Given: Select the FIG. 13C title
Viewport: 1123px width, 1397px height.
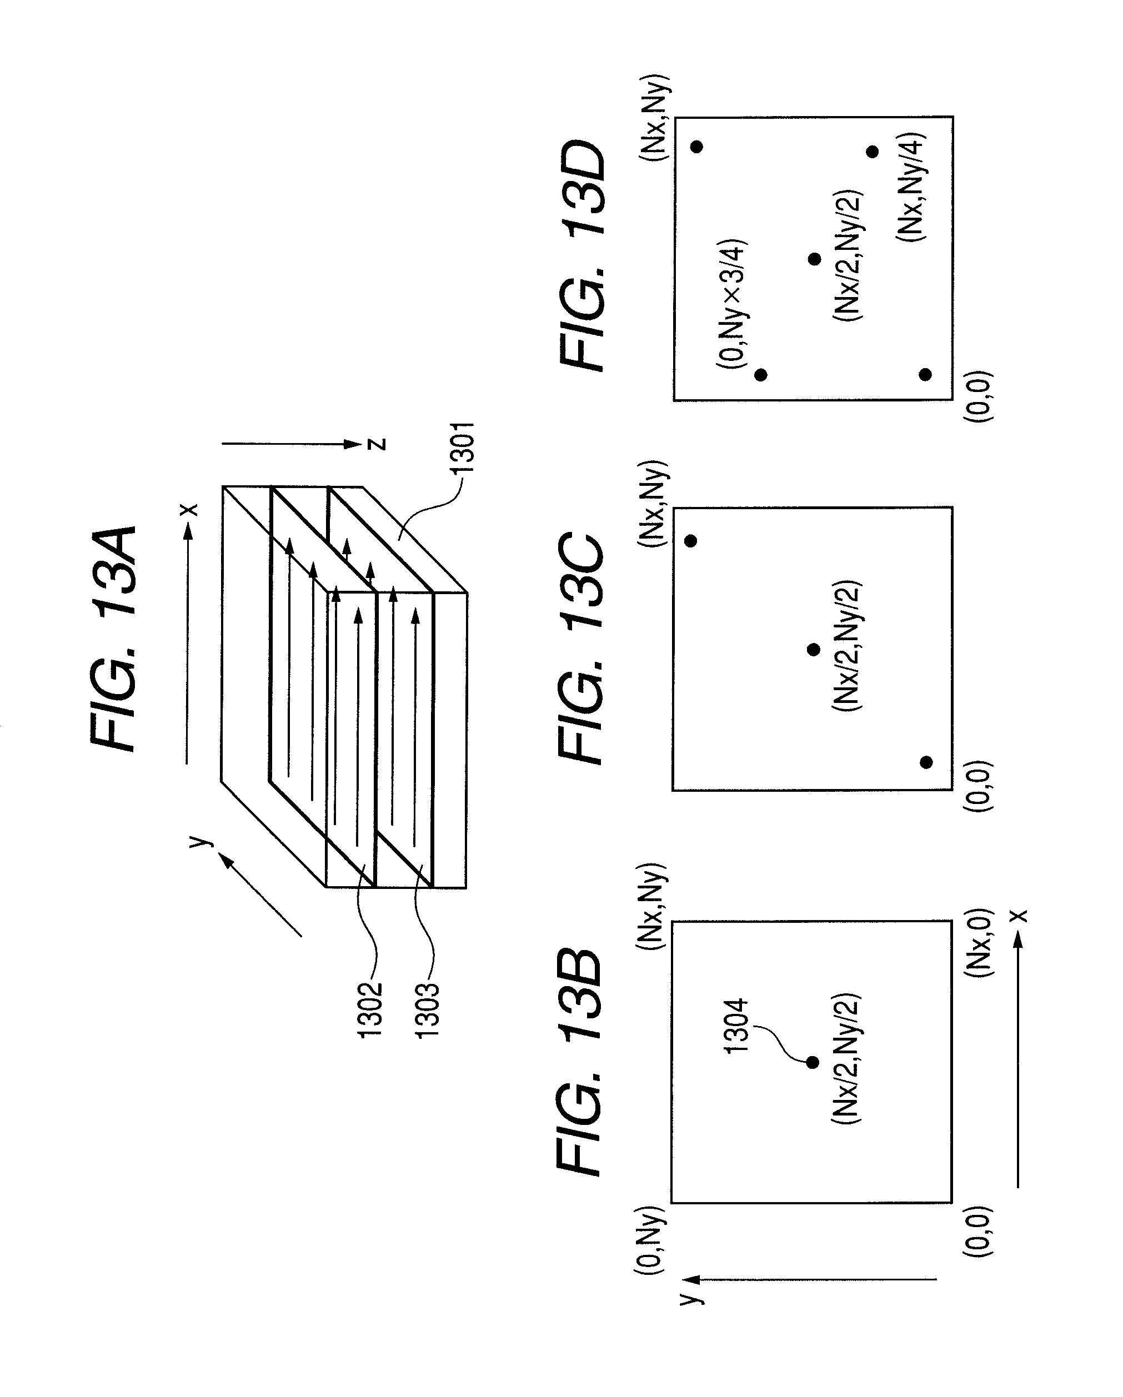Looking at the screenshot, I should [580, 648].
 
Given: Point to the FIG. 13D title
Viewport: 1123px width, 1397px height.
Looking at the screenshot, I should [581, 256].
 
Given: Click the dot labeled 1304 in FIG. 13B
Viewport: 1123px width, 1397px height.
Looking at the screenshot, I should [813, 1063].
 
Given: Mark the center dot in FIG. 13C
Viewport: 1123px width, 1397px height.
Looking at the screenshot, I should [814, 649].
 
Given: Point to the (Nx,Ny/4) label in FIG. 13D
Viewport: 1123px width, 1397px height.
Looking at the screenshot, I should [912, 188].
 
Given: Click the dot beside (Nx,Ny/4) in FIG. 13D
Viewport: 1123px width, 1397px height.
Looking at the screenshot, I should [872, 152].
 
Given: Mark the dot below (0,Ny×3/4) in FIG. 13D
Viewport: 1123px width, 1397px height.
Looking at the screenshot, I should [761, 375].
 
